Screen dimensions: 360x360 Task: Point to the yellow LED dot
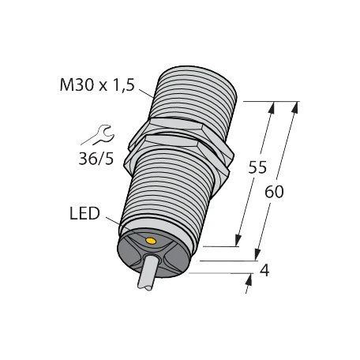pos(152,237)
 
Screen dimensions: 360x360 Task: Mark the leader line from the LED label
pos(117,223)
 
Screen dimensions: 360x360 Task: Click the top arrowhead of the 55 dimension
pos(273,106)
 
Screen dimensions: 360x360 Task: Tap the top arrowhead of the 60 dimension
pos(296,106)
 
